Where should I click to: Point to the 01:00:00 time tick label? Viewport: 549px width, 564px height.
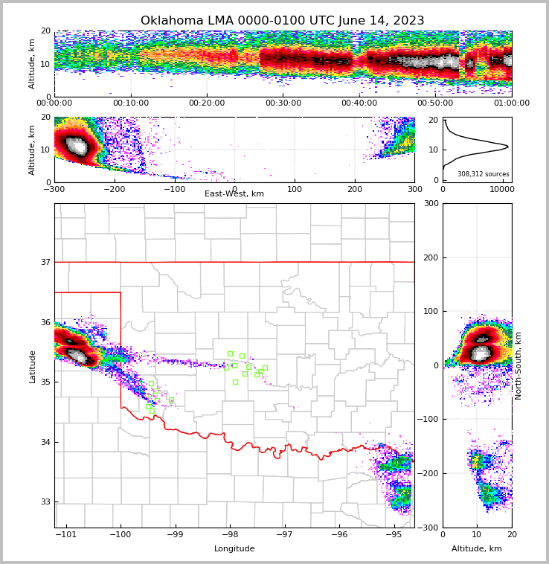point(511,103)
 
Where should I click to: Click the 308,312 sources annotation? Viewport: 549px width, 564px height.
point(483,174)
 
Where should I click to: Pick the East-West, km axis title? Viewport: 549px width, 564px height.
point(234,194)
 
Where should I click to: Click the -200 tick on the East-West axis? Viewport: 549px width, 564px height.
point(114,189)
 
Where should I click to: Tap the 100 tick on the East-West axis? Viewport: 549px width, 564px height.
point(295,189)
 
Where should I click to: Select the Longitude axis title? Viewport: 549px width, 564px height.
point(234,548)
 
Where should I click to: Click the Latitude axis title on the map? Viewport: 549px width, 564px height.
point(32,366)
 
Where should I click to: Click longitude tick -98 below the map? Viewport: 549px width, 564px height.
point(230,534)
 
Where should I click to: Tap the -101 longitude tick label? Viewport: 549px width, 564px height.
point(67,534)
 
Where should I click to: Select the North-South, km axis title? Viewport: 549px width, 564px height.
point(518,365)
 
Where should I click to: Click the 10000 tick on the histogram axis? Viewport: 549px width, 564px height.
point(503,189)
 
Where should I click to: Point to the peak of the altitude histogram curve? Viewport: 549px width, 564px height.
point(508,147)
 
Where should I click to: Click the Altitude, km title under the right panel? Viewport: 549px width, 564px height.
point(477,548)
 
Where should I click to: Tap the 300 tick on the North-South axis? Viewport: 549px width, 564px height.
point(430,203)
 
